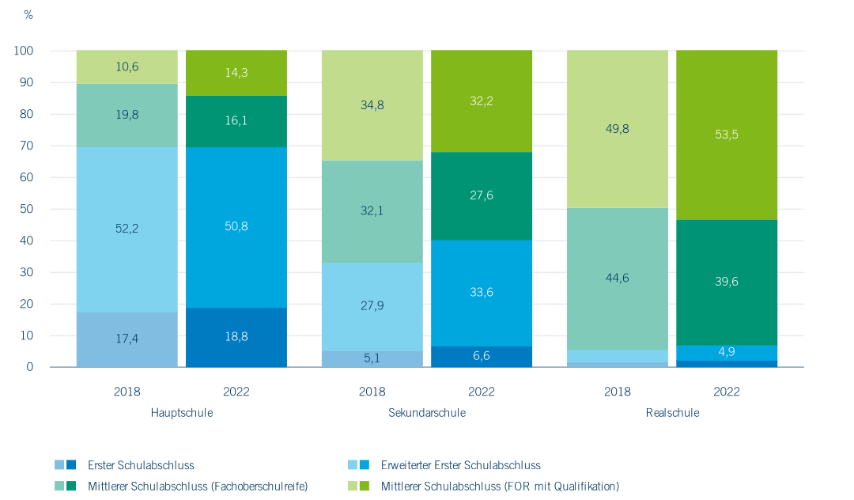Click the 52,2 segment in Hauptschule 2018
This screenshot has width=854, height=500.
pos(127,229)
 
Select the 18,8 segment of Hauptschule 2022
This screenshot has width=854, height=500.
pos(236,337)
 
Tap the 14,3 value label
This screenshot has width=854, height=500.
pos(236,72)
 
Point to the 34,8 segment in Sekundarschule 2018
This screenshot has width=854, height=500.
pos(372,104)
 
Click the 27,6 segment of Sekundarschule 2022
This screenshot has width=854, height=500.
pos(482,195)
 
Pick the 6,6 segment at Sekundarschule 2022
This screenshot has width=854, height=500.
pos(482,357)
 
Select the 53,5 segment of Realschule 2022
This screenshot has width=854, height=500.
pos(727,134)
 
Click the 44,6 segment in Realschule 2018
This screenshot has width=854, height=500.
pos(617,278)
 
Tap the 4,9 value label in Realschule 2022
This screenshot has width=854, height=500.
pos(727,353)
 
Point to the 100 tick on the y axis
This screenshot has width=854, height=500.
pos(24,51)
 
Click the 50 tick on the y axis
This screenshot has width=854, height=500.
pos(27,209)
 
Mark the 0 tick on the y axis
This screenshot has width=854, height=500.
pos(30,367)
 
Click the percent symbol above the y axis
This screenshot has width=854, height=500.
pos(28,15)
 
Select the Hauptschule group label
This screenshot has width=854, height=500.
pos(182,413)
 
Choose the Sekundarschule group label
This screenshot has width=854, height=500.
pos(427,413)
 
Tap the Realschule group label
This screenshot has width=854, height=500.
pos(672,413)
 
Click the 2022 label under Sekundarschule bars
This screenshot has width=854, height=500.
pos(482,392)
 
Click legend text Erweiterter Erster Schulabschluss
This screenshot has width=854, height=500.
pos(460,465)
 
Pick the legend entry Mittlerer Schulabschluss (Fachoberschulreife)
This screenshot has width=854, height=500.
pos(197,486)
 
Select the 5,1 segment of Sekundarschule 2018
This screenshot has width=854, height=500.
pos(372,358)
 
